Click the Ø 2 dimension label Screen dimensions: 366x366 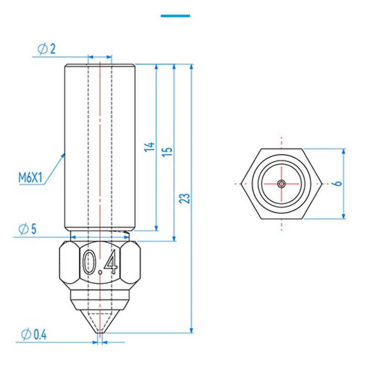[47, 49]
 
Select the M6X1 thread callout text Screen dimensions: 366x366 [31, 177]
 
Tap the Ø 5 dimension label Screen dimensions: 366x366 [28, 229]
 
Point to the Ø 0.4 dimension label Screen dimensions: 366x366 [34, 334]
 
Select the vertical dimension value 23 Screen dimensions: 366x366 [186, 199]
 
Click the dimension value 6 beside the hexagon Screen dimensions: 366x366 [338, 183]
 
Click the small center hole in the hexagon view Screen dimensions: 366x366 [281, 183]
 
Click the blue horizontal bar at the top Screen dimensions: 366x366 [175, 16]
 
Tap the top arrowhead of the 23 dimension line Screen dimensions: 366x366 [192, 67]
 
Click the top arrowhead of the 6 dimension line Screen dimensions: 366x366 [344, 151]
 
